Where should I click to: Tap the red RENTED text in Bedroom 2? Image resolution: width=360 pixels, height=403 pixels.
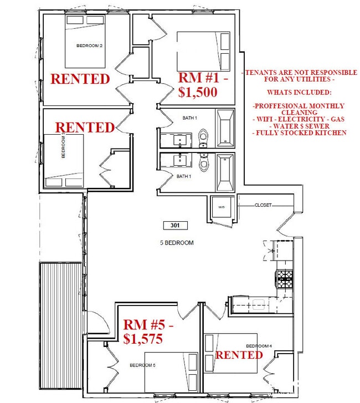(80, 79)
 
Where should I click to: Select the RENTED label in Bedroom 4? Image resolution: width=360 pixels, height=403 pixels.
(239, 355)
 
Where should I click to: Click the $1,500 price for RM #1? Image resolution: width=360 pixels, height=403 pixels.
(198, 93)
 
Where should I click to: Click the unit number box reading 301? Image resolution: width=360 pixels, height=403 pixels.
(176, 226)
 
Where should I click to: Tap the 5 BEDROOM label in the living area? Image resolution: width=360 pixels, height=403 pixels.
(176, 243)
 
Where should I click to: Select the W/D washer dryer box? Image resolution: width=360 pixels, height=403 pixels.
(222, 208)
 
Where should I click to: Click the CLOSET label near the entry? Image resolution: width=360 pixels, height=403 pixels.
(264, 205)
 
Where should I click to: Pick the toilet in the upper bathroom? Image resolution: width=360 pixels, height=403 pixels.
(203, 135)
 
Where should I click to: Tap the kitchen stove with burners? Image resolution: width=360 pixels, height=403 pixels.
(284, 278)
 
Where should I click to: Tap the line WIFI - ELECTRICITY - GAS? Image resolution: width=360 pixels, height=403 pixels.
(300, 119)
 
